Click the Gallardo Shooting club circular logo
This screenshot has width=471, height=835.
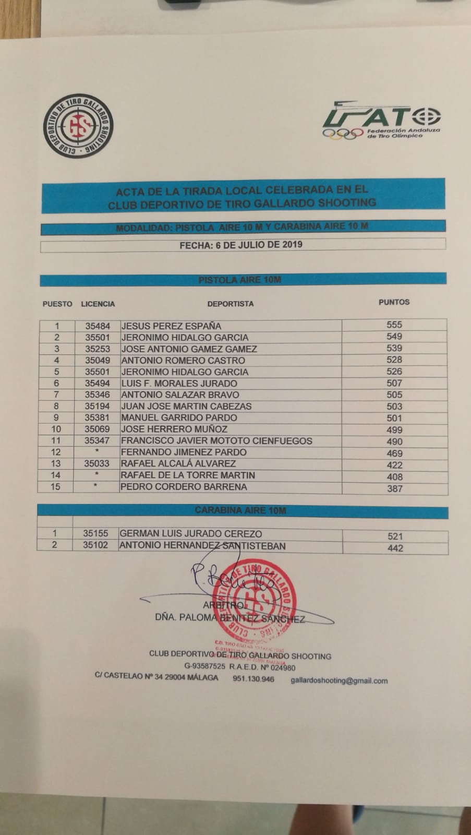tap(78, 126)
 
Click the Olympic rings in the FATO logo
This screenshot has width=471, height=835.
tap(343, 134)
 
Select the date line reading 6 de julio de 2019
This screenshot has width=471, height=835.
tap(241, 245)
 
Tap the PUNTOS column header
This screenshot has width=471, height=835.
tap(394, 302)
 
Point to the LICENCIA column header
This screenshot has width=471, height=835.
tap(98, 304)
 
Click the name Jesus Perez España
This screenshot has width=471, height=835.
tap(171, 326)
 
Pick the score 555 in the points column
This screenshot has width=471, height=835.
tap(394, 325)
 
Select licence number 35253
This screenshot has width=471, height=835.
tap(98, 349)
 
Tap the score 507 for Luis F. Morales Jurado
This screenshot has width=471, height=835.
tap(394, 383)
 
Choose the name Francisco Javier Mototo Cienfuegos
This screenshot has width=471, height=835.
tap(216, 441)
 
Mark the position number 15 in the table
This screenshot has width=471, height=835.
tap(55, 487)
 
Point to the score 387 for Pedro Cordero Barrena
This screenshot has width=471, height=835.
tap(394, 489)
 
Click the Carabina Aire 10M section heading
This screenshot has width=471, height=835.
tap(240, 510)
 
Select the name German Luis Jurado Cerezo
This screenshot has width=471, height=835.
tap(191, 534)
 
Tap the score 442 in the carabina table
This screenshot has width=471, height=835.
tap(395, 548)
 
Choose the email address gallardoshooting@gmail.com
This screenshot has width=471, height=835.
tap(339, 681)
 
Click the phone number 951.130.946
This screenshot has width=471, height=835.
tap(253, 679)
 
